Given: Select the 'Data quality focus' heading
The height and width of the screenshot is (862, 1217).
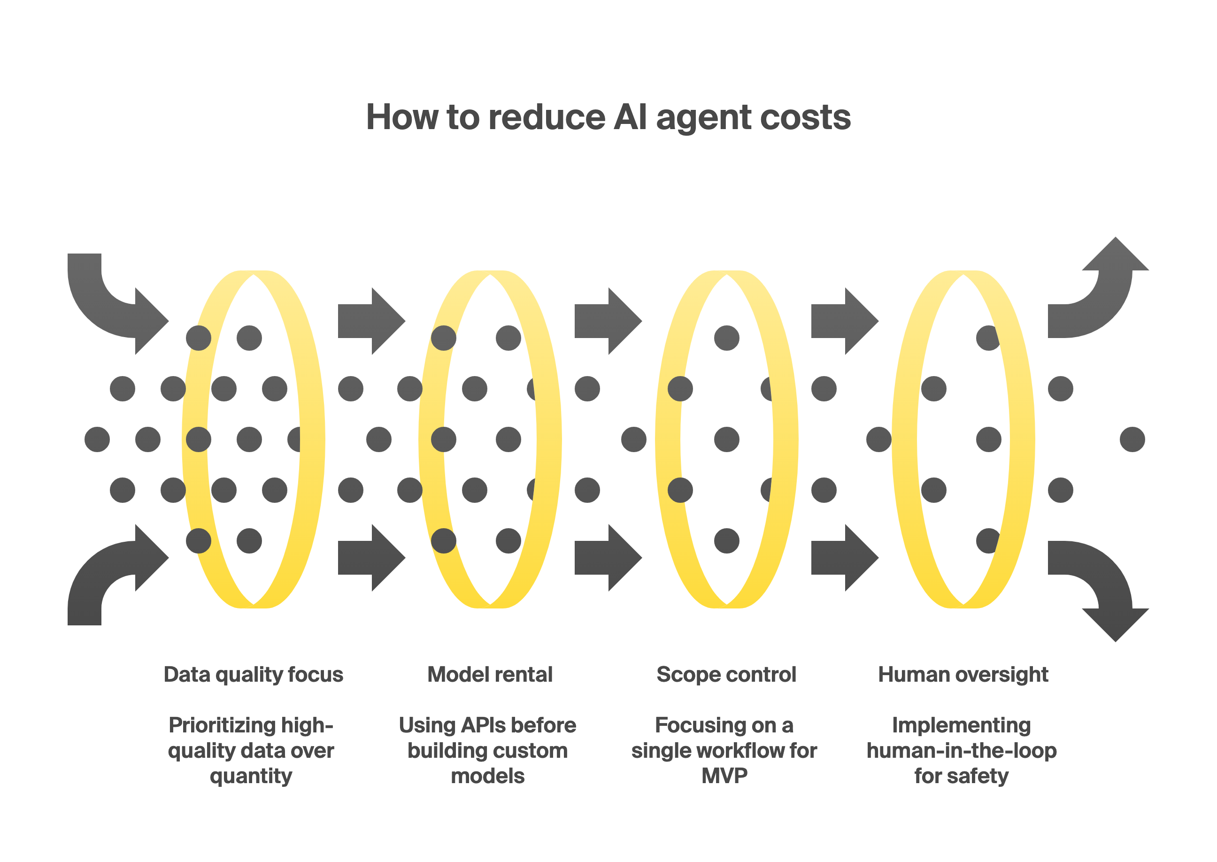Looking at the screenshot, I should coord(253,674).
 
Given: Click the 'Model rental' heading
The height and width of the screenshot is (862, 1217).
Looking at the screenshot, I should coord(489,674).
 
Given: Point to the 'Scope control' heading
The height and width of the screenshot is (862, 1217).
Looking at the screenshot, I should coord(726,674).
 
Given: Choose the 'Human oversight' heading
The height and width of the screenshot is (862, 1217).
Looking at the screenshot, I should coord(963,674).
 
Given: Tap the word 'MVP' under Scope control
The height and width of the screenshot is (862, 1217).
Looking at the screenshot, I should coord(724,776).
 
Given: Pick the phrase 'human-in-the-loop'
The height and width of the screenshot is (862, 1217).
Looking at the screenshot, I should coord(961,751).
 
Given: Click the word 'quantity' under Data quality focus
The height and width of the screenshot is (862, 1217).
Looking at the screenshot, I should coord(251,777).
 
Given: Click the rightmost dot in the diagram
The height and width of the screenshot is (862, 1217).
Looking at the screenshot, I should coord(1132,439).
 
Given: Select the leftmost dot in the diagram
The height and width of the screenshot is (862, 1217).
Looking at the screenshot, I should coord(97,439).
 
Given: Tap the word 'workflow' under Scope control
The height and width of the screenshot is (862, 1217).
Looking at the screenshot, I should coord(738,751).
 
